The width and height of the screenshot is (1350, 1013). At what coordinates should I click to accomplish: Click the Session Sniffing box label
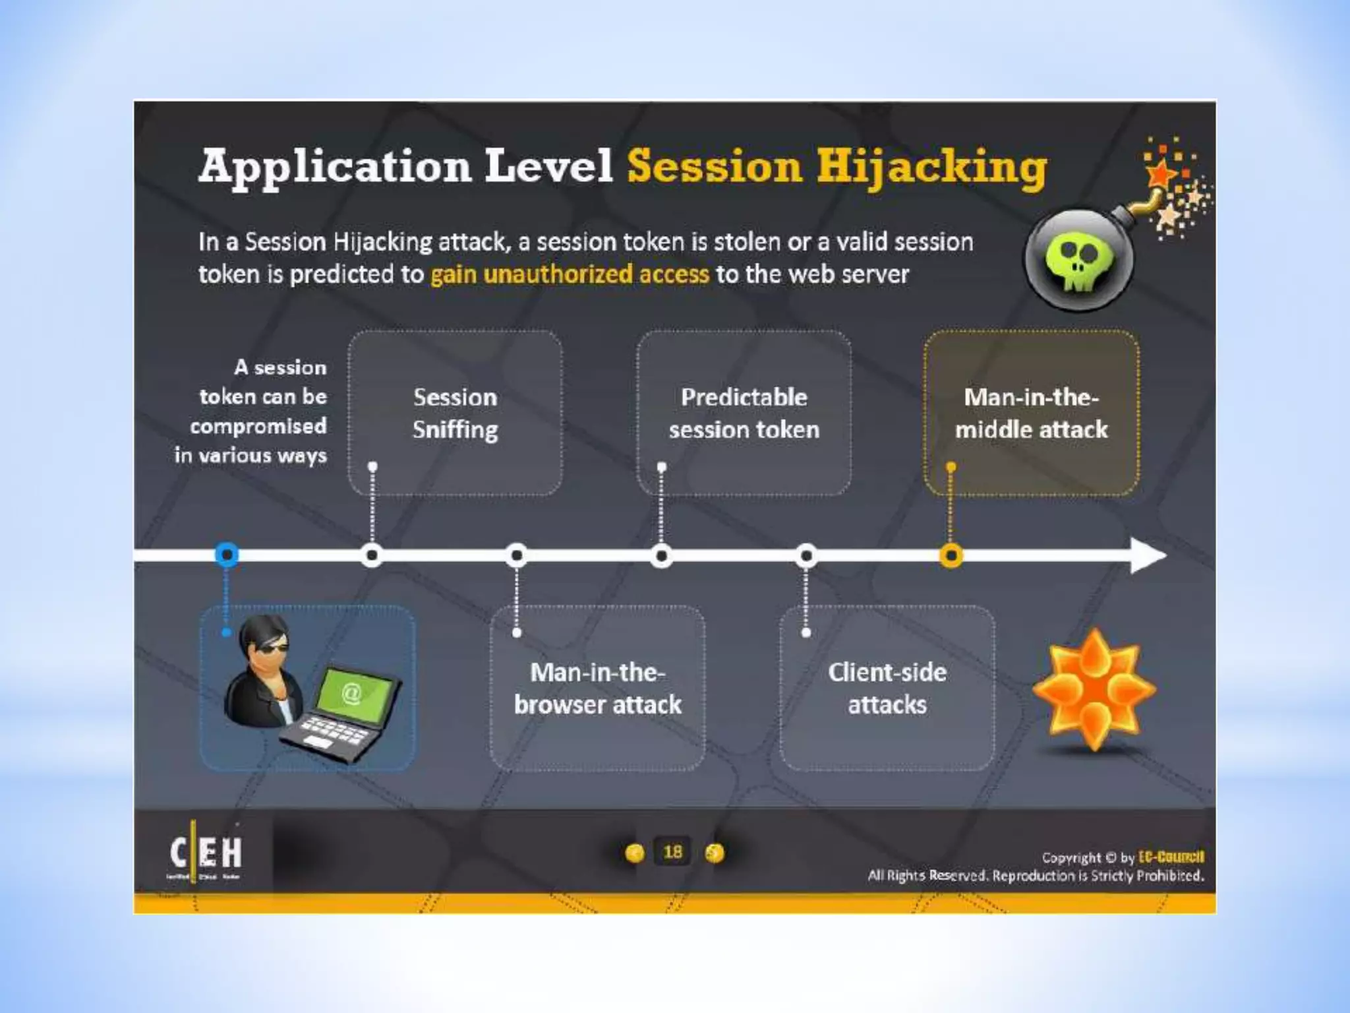[455, 414]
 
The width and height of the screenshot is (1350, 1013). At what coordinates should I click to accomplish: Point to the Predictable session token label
[744, 414]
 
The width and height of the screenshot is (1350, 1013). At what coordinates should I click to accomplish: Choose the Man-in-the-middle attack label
[1032, 414]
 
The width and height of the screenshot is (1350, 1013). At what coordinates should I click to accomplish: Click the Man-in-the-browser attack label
[597, 689]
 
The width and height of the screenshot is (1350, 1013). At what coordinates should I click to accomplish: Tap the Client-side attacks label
[887, 689]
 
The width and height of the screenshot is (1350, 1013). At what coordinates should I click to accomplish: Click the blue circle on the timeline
[227, 555]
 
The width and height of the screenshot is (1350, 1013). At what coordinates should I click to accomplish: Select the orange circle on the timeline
[951, 555]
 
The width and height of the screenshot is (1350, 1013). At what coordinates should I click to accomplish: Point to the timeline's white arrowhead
[1147, 555]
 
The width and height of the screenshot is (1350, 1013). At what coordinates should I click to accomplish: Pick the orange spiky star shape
[1094, 689]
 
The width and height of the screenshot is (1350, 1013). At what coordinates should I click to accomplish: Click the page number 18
[672, 852]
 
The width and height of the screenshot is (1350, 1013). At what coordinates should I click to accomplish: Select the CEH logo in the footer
[206, 853]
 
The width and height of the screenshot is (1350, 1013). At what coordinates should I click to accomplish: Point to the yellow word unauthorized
[558, 274]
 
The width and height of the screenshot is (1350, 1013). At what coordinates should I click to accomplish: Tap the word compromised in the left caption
[258, 426]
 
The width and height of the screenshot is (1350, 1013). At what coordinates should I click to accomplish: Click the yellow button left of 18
[634, 853]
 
